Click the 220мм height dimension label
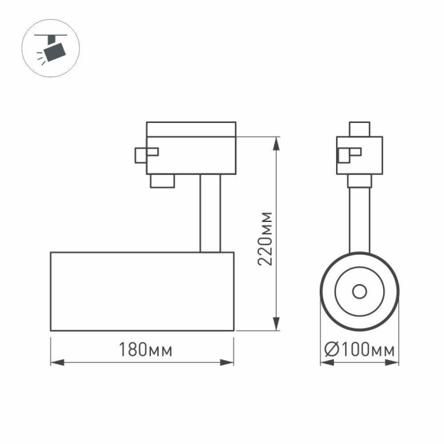(266, 238)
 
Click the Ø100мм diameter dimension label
(359, 351)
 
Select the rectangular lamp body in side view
(142, 291)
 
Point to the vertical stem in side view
(210, 212)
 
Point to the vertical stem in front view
(359, 219)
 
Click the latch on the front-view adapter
(346, 155)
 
